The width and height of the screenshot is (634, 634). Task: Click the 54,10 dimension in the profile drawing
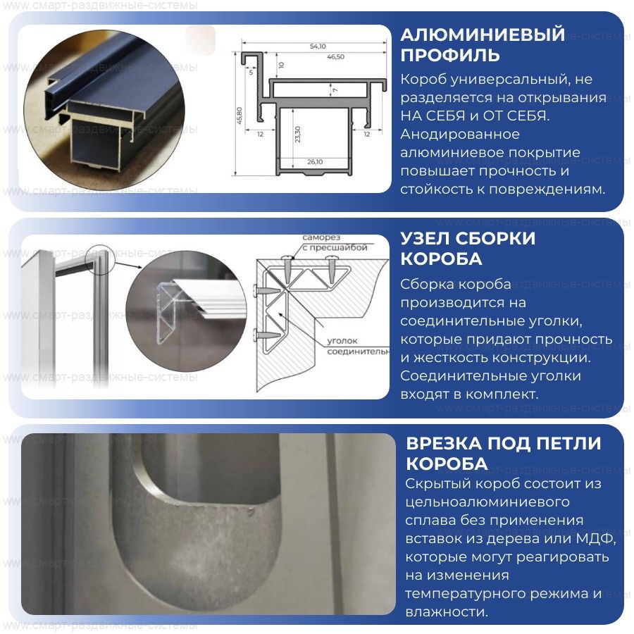pos(318,46)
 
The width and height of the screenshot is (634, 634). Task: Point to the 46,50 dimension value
pos(335,57)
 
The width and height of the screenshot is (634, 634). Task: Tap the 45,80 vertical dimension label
pos(239,116)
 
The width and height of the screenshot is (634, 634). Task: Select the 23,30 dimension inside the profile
pos(297,135)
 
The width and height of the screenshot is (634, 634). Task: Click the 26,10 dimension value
pos(315,162)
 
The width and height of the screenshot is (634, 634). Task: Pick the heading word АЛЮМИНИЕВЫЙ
pos(483,35)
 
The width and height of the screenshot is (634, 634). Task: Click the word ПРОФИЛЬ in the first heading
pos(450,55)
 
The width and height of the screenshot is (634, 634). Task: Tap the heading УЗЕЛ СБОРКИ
pos(468,238)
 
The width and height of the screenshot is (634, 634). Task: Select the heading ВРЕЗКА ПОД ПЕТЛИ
pos(504,443)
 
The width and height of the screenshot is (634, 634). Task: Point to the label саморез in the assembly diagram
pos(321,237)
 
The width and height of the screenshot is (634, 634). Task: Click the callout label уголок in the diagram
pos(342,341)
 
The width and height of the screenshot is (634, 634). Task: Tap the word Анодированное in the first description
pos(460,135)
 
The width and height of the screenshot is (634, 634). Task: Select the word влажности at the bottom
pos(447,611)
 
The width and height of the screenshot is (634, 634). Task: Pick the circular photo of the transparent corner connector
pos(187,311)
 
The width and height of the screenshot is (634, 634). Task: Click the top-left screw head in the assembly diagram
pos(288,256)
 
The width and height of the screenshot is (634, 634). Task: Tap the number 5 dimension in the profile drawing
pos(251,73)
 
